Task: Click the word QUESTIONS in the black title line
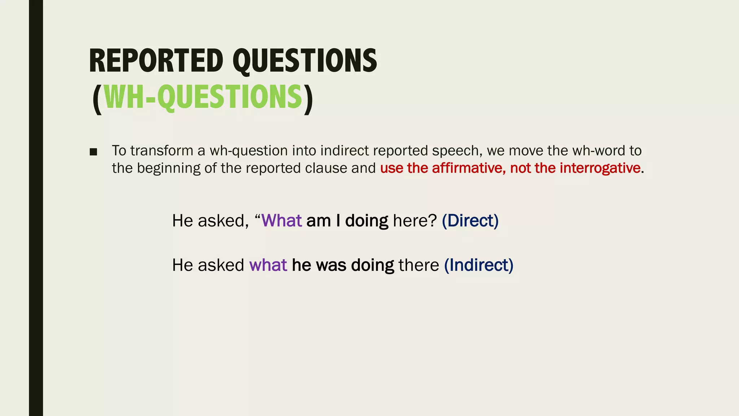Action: (305, 61)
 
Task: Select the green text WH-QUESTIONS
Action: (203, 97)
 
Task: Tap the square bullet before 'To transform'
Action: (93, 152)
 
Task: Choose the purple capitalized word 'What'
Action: (281, 221)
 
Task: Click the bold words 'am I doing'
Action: (347, 221)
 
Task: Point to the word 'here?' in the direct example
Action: (415, 221)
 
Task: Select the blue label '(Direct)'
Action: (470, 221)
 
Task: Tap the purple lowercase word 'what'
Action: (268, 265)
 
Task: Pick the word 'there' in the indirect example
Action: (419, 265)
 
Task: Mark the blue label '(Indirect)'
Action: (478, 265)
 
